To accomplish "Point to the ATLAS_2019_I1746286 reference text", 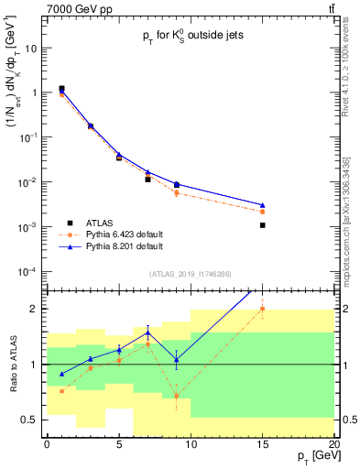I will pos(190,274).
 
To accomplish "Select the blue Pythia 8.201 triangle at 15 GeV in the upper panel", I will pos(262,205).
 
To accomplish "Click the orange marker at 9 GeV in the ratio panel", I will pos(177,396).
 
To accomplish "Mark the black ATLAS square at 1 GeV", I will pos(61,89).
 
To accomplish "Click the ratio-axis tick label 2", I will pos(36,309).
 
